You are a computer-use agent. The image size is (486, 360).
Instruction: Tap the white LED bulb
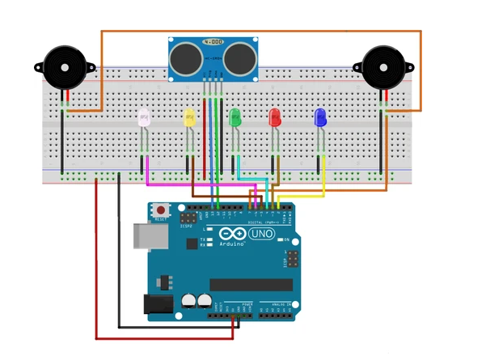tap(146, 118)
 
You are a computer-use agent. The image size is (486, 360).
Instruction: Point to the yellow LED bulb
tap(190, 118)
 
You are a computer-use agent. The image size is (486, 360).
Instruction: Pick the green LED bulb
tap(235, 118)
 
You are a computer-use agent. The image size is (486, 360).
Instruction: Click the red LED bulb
tap(274, 118)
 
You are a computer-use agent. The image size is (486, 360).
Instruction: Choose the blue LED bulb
tap(320, 118)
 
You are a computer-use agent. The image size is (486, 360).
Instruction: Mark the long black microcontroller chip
tap(251, 284)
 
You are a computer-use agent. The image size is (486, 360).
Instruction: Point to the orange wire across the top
tap(259, 32)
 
